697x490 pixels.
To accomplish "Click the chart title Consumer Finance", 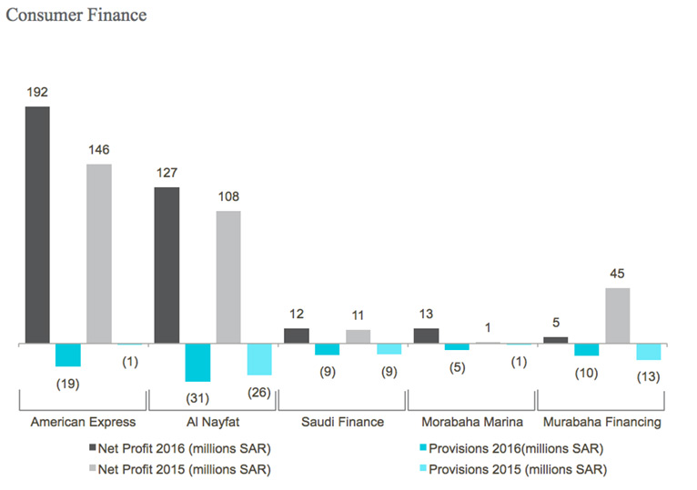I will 76,15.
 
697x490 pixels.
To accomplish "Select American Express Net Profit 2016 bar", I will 37,225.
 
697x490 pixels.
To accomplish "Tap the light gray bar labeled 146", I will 99,254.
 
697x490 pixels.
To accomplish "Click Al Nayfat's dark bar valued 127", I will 167,265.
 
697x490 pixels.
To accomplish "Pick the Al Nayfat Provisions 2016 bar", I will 197,363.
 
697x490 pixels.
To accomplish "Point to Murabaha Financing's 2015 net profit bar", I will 618,315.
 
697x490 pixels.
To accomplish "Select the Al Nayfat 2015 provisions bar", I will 259,360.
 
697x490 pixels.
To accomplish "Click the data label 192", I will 37,92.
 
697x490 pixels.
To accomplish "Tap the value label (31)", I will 197,398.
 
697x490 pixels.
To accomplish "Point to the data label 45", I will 618,273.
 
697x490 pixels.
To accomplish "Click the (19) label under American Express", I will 68,383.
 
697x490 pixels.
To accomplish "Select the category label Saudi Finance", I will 342,422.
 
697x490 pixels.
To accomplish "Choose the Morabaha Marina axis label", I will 471,422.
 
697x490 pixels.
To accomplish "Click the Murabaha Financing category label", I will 601,422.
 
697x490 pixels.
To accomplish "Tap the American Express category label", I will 83,422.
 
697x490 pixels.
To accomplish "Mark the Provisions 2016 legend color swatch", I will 419,448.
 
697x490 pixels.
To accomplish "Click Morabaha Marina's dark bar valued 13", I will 426,336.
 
